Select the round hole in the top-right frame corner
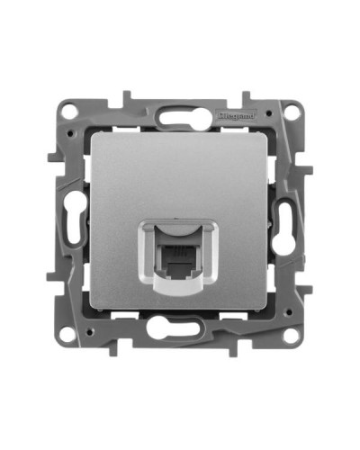pyautogui.click(x=292, y=111)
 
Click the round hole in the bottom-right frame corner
pyautogui.click(x=292, y=337)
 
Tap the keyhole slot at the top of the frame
pyautogui.click(x=179, y=115)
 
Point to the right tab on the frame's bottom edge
pyautogui.click(x=233, y=354)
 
